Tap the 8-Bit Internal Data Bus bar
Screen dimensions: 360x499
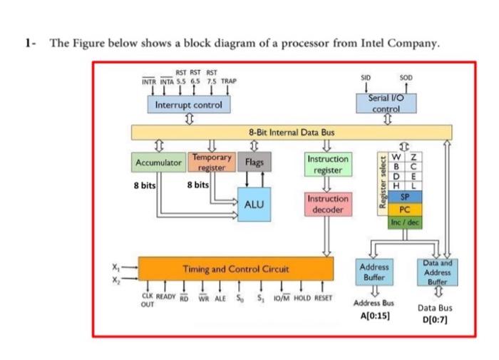pyautogui.click(x=292, y=132)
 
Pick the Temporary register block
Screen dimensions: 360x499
pyautogui.click(x=211, y=161)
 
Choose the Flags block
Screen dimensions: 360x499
pyautogui.click(x=254, y=163)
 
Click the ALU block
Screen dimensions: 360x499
pyautogui.click(x=254, y=204)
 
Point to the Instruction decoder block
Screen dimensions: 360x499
pyautogui.click(x=328, y=204)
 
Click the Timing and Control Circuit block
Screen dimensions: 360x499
pyautogui.click(x=235, y=269)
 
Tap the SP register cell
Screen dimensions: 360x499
pyautogui.click(x=404, y=195)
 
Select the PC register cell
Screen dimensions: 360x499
pyautogui.click(x=404, y=210)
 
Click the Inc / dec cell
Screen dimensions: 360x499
pyautogui.click(x=404, y=223)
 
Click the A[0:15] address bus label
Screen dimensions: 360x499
pyautogui.click(x=374, y=314)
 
